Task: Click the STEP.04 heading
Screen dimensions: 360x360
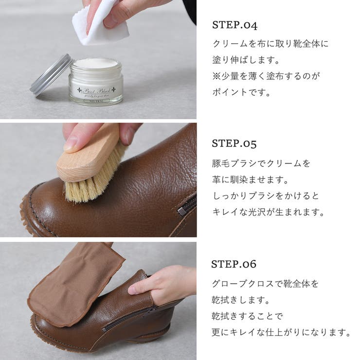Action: point(235,25)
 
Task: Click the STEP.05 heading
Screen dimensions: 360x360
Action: point(234,144)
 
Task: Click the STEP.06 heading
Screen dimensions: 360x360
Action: point(234,264)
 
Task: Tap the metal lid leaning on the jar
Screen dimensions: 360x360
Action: point(50,74)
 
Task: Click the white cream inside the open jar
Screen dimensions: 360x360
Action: point(95,64)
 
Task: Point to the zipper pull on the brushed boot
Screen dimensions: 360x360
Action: point(182,211)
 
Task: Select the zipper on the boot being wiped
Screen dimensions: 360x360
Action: point(129,319)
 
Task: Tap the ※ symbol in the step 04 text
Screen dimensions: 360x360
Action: point(216,76)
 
